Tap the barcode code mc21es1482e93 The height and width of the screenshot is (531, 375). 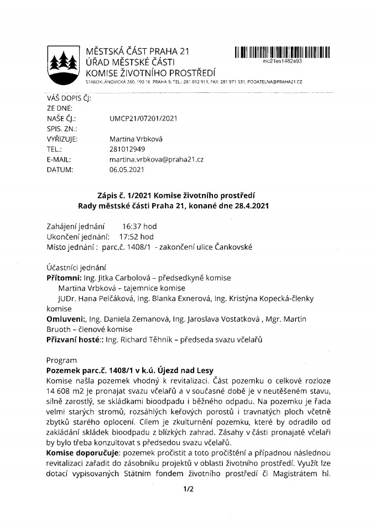[x=282, y=63]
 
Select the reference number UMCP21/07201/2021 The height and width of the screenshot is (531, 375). [x=144, y=118]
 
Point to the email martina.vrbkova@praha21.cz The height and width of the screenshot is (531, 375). [x=157, y=159]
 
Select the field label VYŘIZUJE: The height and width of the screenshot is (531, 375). [x=62, y=139]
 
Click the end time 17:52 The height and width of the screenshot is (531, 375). [x=129, y=237]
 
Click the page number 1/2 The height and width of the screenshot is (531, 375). [x=187, y=489]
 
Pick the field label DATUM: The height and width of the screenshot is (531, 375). [x=60, y=170]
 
